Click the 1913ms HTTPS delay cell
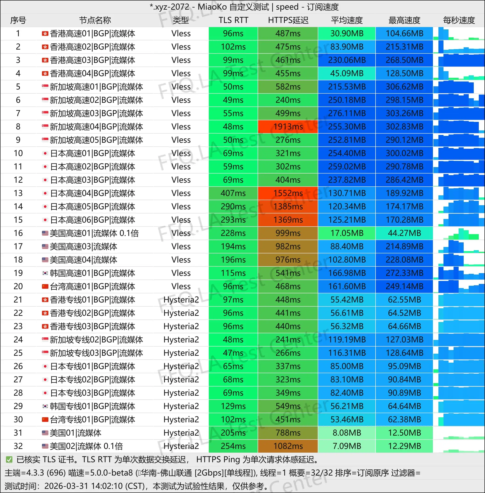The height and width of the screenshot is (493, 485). pos(288,127)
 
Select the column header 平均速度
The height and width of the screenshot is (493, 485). pos(347,20)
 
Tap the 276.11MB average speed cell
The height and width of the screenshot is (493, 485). pos(347,113)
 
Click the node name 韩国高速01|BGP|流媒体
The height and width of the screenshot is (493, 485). pos(92,273)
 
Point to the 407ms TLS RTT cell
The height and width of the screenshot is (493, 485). pos(233,193)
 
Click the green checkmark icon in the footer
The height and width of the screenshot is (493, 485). pos(9,460)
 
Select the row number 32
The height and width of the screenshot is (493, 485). pos(18,446)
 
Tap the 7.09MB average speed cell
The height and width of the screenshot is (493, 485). pos(347,446)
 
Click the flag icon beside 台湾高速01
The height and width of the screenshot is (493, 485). pos(45,286)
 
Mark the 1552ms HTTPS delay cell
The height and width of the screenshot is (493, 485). pos(288,193)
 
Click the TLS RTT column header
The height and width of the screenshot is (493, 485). pos(233,20)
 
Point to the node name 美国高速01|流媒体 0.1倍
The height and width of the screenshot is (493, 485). pos(94,233)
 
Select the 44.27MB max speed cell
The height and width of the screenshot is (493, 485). pos(404,233)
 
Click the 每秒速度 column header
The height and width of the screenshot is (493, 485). pos(459,20)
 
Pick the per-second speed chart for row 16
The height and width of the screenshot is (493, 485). pos(459,233)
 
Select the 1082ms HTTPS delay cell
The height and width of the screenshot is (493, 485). pos(288,446)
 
